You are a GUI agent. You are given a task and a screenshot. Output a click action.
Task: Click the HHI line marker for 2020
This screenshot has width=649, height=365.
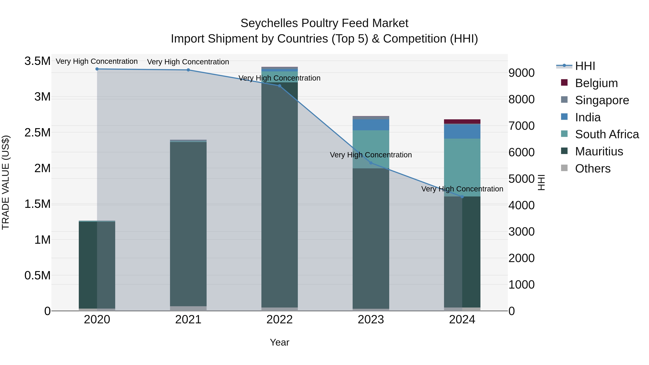pos(97,69)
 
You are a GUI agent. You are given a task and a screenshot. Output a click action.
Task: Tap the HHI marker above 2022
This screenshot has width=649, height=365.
pos(279,86)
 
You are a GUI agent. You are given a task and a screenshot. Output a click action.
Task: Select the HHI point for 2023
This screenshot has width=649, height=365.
pos(371,163)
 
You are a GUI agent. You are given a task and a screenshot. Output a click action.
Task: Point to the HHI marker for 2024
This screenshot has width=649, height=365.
pos(462,197)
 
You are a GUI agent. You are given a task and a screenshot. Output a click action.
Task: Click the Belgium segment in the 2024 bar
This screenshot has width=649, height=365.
pos(462,121)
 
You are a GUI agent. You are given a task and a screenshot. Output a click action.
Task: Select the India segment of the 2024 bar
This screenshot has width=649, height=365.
pos(462,131)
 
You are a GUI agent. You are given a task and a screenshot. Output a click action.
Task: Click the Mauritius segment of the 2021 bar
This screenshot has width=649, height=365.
pos(188,224)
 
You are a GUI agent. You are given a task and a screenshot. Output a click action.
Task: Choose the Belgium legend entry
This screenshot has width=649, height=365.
pos(596,83)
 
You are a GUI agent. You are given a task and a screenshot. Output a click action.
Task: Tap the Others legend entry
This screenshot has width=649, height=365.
pos(593,169)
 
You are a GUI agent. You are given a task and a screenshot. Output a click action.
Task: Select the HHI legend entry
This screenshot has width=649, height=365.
pos(585,66)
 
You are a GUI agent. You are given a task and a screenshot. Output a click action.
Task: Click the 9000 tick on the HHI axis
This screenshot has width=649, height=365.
pos(521,73)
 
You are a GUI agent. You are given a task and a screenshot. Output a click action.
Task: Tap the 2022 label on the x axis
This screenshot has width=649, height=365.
pos(279,320)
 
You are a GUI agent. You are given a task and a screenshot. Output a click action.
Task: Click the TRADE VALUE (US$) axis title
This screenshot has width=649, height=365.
pos(6,182)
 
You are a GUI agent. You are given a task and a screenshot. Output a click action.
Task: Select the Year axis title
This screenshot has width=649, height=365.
pos(279,342)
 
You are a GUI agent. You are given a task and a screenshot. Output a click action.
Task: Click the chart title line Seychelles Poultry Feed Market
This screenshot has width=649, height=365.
pos(324,23)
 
